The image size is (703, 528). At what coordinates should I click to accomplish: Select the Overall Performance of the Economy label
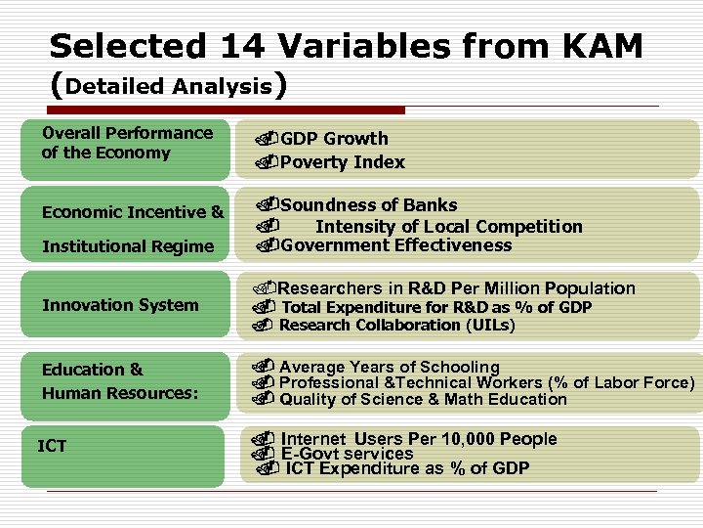(126, 143)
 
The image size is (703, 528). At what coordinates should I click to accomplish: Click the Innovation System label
(120, 305)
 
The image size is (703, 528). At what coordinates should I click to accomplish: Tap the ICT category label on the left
(52, 446)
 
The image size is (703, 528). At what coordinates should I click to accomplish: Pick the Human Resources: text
(120, 393)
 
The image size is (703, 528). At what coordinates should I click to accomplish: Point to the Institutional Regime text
(127, 246)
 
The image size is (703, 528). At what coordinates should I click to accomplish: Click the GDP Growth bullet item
(334, 139)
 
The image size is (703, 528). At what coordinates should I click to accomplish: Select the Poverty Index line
(342, 162)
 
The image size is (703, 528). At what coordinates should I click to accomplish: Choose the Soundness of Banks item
(368, 205)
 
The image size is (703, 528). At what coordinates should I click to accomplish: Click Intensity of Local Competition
(448, 227)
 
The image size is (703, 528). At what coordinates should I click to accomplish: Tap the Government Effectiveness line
(395, 245)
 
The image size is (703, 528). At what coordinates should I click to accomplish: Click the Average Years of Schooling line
(389, 368)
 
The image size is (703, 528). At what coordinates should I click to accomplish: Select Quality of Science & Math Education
(423, 399)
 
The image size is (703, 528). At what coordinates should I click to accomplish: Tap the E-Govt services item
(347, 454)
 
